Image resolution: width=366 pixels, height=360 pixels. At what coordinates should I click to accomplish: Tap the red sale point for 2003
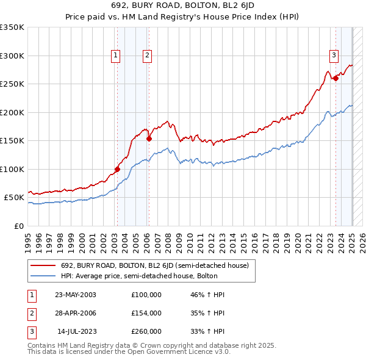click(x=117, y=169)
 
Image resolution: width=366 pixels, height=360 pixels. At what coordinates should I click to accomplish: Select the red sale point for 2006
click(x=149, y=139)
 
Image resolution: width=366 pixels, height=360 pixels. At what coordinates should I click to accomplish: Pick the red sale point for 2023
click(x=335, y=78)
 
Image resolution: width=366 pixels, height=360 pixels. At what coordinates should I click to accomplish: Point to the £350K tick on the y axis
click(x=12, y=27)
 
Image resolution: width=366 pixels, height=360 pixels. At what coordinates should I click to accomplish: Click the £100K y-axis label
click(x=12, y=169)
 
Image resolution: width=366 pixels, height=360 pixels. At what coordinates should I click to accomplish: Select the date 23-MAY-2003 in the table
click(x=76, y=295)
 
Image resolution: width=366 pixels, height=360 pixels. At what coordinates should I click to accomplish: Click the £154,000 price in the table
click(x=146, y=313)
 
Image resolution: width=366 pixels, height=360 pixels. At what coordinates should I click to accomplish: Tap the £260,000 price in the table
click(x=146, y=331)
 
